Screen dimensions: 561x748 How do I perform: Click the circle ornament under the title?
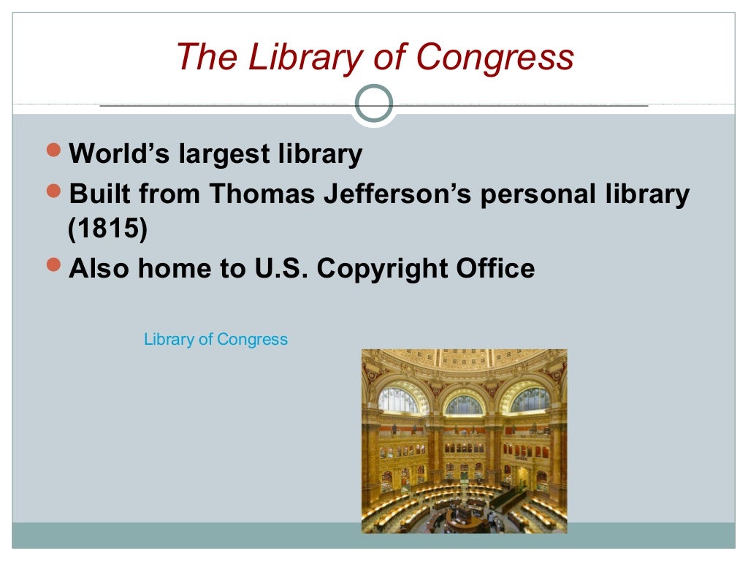(373, 103)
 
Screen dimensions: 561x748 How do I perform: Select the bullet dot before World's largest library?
(54, 151)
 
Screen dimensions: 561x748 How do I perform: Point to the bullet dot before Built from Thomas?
(54, 191)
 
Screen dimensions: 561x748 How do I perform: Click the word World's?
(115, 154)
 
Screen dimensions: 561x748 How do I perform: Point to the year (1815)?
(107, 229)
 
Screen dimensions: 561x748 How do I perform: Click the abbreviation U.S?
(280, 268)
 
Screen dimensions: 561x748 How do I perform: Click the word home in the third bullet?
(171, 268)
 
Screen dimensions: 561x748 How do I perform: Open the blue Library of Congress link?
(215, 340)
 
